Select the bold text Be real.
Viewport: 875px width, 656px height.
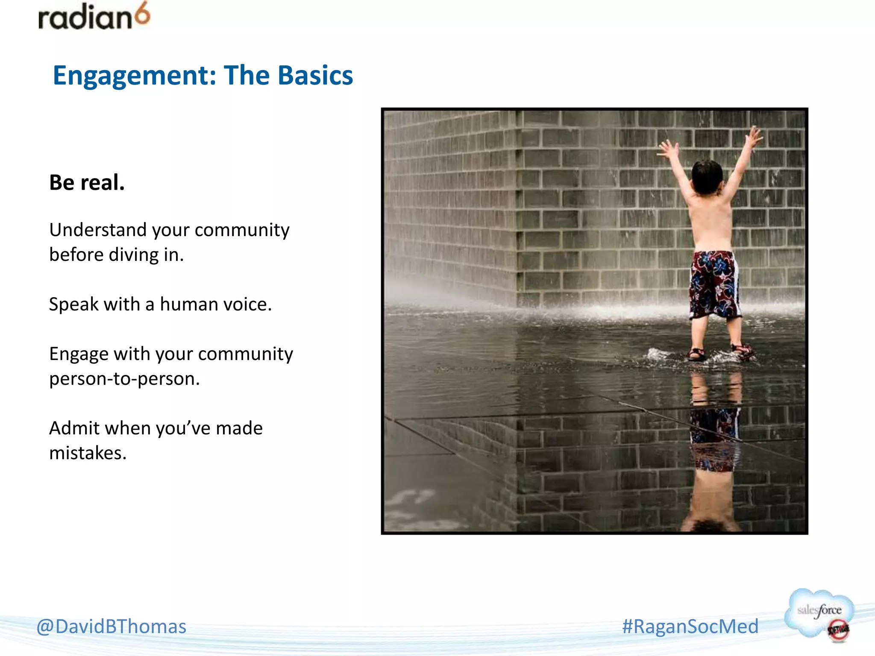click(x=87, y=182)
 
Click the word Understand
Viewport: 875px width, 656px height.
click(x=98, y=230)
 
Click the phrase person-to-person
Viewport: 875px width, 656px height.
click(x=124, y=379)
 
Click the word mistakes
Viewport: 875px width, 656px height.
click(x=88, y=453)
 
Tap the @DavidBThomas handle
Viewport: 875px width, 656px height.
click(x=112, y=627)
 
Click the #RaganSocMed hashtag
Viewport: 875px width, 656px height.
click(x=690, y=627)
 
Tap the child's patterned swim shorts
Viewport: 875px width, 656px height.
click(x=714, y=284)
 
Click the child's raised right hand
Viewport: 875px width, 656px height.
click(x=753, y=136)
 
